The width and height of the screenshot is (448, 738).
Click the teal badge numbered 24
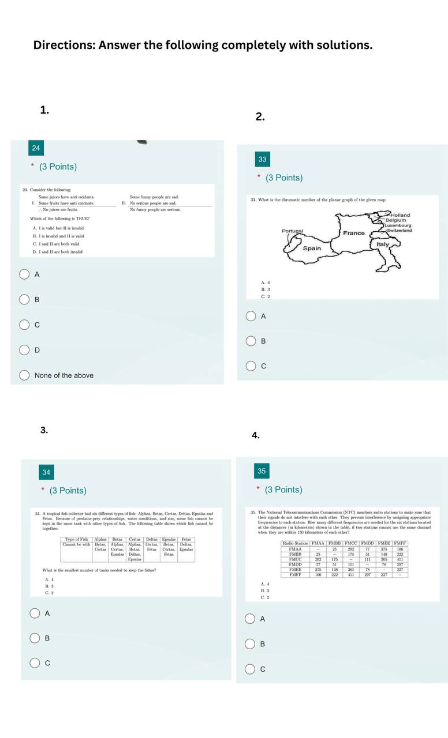click(36, 148)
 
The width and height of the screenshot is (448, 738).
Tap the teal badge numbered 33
click(262, 159)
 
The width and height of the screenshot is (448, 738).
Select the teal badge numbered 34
click(46, 472)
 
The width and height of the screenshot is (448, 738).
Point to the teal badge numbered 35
click(262, 471)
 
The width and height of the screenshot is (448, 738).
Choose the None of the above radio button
click(25, 375)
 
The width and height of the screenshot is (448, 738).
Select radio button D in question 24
click(25, 350)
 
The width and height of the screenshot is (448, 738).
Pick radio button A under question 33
click(251, 316)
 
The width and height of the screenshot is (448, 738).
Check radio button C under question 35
click(250, 669)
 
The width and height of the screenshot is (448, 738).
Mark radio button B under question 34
click(35, 638)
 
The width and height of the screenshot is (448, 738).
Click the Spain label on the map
click(312, 248)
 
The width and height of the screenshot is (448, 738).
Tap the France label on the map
click(354, 233)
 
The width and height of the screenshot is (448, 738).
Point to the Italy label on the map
click(383, 244)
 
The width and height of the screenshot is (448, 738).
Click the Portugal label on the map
click(292, 231)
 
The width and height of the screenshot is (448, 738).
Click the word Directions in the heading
click(64, 45)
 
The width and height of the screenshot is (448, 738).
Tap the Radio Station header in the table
click(295, 543)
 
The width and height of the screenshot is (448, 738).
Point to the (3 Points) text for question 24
click(58, 167)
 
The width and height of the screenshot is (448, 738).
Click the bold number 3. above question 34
click(44, 430)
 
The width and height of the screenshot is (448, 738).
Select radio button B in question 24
click(25, 299)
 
